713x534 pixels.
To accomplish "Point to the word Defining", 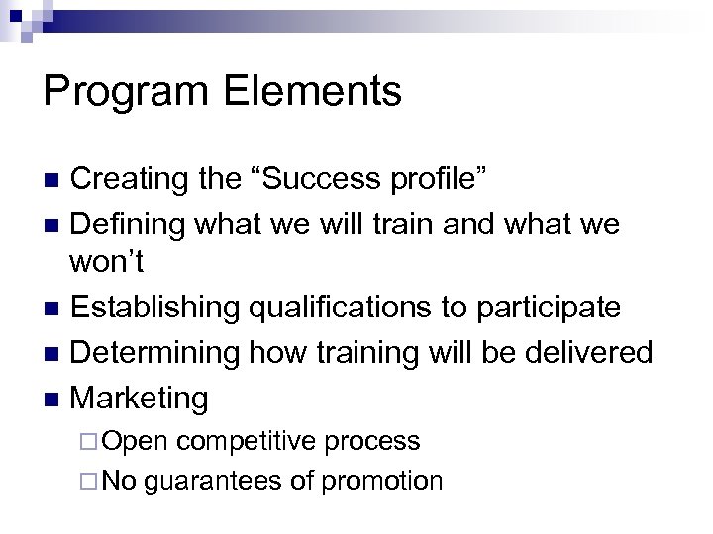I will tap(132, 224).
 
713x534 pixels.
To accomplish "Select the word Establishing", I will tap(154, 308).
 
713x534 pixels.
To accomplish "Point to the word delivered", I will tap(589, 352).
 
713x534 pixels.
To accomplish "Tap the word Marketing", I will tap(141, 398).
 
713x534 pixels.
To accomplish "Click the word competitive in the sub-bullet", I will tap(255, 441).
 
